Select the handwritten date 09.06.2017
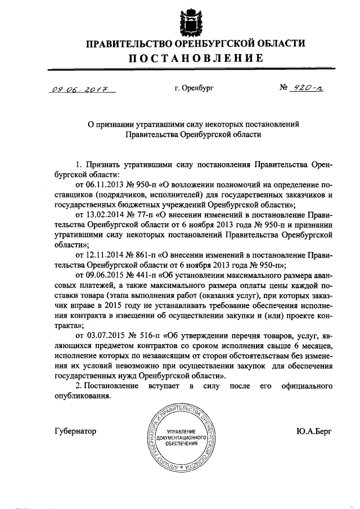click(79, 89)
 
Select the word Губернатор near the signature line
click(76, 431)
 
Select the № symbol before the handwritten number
click(284, 88)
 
